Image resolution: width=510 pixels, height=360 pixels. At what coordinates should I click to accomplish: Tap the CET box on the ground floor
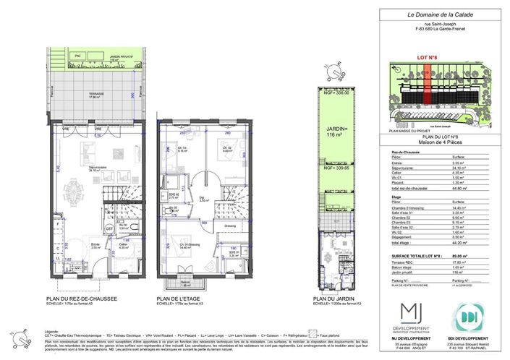pyautogui.click(x=110, y=228)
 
